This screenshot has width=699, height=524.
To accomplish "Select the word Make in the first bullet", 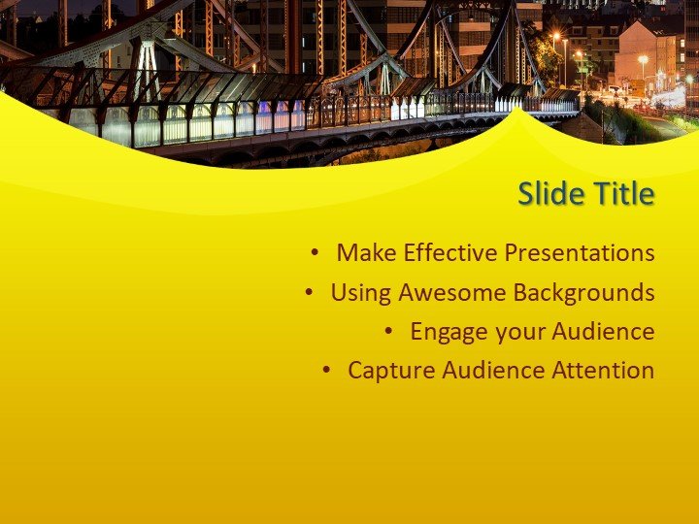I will [366, 253].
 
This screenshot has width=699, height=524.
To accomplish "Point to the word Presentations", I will [580, 253].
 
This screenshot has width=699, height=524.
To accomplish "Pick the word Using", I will [360, 292].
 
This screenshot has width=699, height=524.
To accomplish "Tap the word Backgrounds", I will [583, 292].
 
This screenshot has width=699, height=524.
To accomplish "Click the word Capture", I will [385, 371].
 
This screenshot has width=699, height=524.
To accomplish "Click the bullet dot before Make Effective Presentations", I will [315, 253].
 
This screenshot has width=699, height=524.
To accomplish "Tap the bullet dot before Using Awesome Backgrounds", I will [309, 292].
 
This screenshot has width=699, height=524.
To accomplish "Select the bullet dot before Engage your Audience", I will [388, 332].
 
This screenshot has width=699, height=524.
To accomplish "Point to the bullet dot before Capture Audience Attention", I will [326, 371].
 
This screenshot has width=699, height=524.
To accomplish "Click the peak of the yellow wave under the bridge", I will [521, 111].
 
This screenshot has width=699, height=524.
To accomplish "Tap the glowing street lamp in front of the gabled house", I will [643, 60].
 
